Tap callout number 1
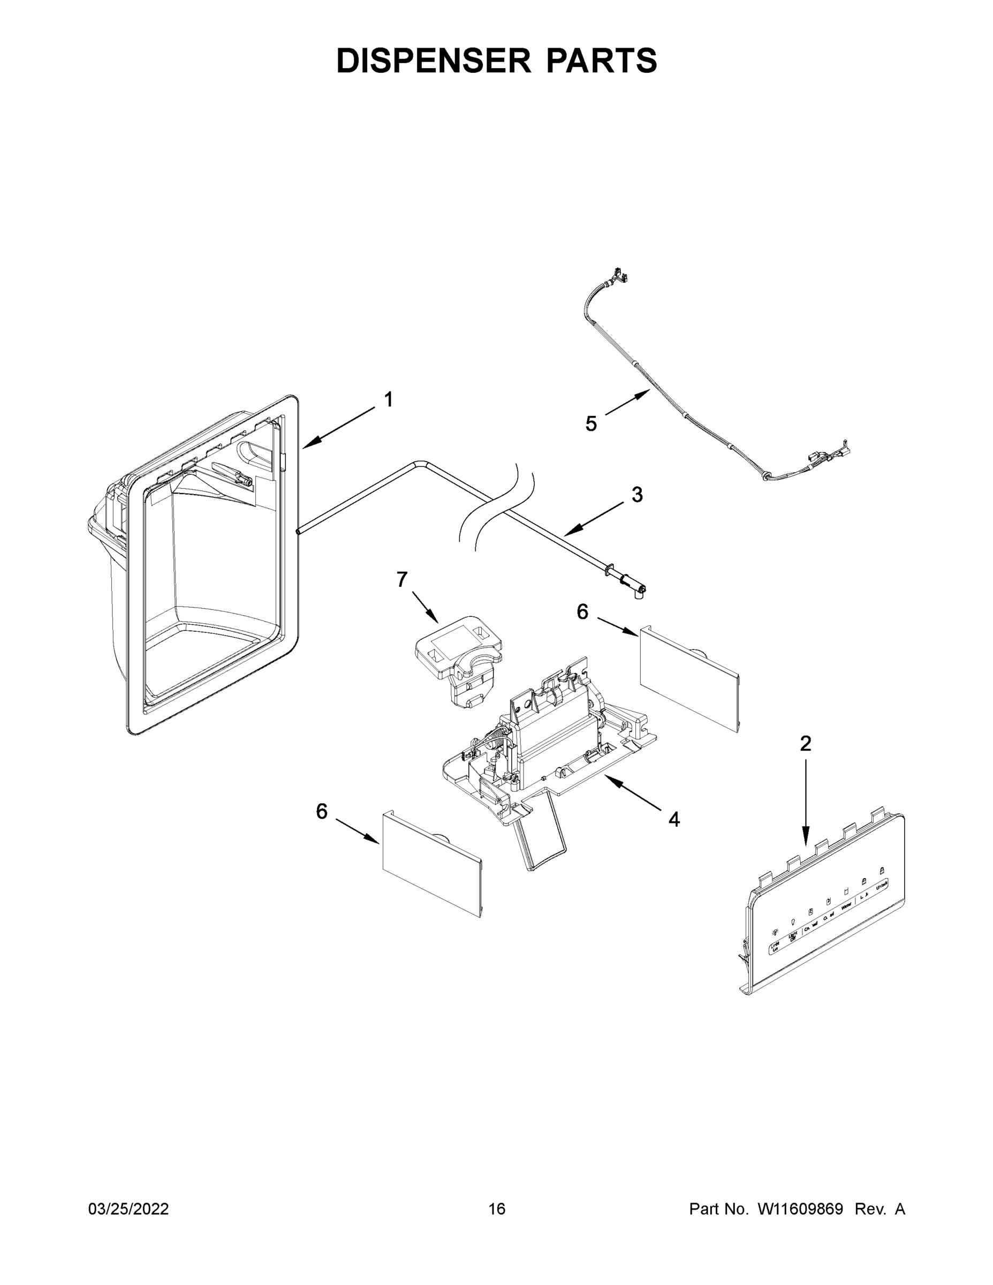[388, 399]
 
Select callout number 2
[805, 744]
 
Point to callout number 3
[637, 495]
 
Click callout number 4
[674, 819]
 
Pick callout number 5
[590, 423]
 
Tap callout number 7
[402, 579]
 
